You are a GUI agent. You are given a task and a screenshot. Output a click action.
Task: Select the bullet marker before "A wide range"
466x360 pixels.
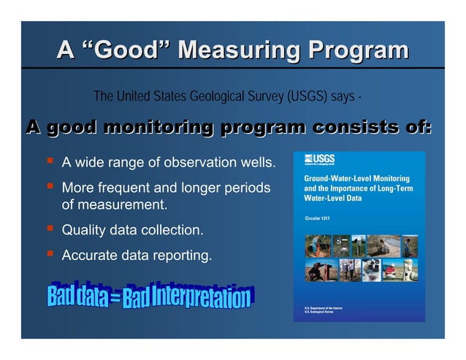(x=50, y=161)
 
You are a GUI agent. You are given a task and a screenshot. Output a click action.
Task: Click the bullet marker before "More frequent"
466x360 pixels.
(x=50, y=187)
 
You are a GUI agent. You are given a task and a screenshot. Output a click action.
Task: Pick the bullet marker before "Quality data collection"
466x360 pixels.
(x=50, y=230)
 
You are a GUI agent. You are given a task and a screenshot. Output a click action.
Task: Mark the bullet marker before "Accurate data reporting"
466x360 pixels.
(x=50, y=255)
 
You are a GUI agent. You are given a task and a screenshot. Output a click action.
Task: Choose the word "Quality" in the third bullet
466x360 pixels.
(x=85, y=231)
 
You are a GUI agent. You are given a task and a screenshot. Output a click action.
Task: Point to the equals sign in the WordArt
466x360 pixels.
(x=116, y=298)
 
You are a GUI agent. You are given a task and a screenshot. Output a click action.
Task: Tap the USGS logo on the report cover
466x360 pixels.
(x=319, y=161)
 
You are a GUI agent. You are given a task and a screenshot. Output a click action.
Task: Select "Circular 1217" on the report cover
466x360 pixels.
(x=320, y=217)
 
